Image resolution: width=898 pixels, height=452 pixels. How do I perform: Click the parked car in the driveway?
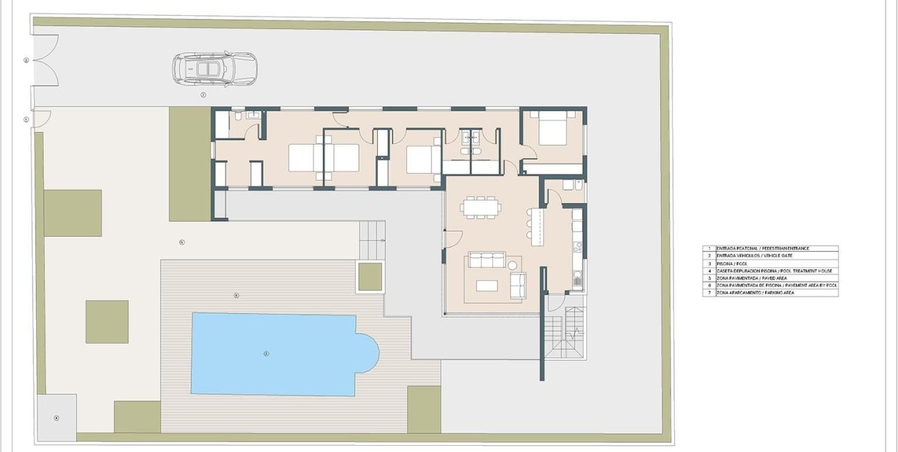(x=215, y=69)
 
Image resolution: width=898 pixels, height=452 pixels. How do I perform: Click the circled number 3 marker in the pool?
(x=266, y=353)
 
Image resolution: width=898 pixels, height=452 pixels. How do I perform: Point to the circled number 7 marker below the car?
(x=203, y=94)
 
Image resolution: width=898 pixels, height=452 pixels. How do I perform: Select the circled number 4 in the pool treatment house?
(x=56, y=418)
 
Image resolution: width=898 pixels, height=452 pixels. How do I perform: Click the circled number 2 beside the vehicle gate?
(x=26, y=60)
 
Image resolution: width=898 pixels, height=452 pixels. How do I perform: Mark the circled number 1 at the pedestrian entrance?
(x=26, y=120)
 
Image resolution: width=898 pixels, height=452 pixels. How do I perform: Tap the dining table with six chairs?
(x=480, y=207)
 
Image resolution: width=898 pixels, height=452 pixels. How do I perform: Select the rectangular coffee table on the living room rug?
(x=487, y=285)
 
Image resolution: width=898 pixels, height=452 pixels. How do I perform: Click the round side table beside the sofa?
(x=514, y=265)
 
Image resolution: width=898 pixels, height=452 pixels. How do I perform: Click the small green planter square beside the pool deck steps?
(x=370, y=277)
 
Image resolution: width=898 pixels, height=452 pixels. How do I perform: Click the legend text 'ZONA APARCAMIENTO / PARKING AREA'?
(x=755, y=293)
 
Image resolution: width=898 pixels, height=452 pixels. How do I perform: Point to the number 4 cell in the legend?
(x=709, y=271)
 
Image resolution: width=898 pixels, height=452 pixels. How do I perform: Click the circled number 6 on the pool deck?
(x=236, y=296)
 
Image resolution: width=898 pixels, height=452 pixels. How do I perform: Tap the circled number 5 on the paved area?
(x=182, y=242)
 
